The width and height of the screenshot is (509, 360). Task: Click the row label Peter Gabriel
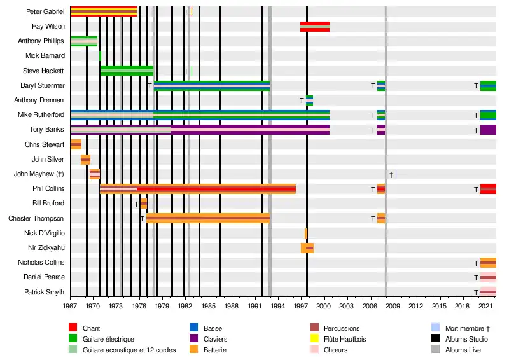45,11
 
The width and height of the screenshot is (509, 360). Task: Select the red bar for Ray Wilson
315,26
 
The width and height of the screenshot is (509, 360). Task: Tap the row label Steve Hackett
43,71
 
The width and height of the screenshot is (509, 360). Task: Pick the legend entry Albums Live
463,350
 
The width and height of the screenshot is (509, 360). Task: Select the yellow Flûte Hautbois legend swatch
314,339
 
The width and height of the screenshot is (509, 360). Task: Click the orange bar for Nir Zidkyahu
307,248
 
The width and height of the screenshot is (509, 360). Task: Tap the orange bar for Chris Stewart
76,144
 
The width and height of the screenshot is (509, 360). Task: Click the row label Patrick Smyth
44,292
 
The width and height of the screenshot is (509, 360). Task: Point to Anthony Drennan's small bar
309,100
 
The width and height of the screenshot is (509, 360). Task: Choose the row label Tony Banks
48,130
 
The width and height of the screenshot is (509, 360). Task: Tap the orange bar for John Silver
85,159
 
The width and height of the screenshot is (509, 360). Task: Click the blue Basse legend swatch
194,328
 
